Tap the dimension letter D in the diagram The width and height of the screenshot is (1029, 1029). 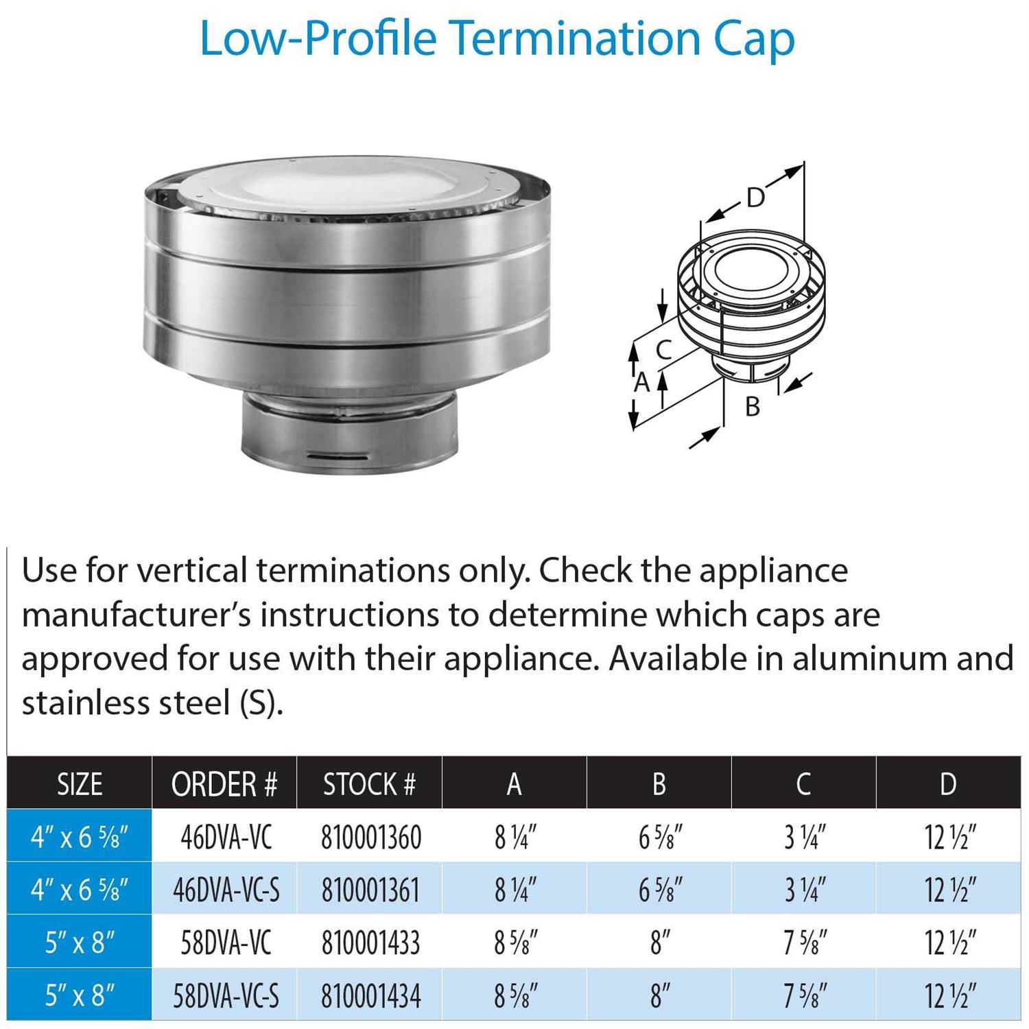[755, 198]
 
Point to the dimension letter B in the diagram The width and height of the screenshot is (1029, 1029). [753, 406]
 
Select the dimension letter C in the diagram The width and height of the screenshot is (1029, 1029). [663, 350]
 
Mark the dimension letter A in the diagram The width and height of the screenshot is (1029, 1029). [641, 382]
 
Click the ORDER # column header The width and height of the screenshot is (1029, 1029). [224, 784]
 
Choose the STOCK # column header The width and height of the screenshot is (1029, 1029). [370, 784]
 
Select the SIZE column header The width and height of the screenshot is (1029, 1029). [80, 784]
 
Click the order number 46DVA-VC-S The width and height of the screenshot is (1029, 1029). [226, 890]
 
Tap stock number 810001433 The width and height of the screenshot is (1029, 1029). [370, 943]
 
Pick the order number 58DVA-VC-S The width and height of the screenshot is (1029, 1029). [226, 996]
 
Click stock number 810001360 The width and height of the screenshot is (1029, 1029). [371, 837]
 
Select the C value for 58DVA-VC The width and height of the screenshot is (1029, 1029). [805, 943]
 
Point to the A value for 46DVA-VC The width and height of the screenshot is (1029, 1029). [515, 837]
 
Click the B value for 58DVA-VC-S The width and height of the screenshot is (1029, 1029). [660, 996]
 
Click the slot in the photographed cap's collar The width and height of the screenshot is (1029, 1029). [341, 455]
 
